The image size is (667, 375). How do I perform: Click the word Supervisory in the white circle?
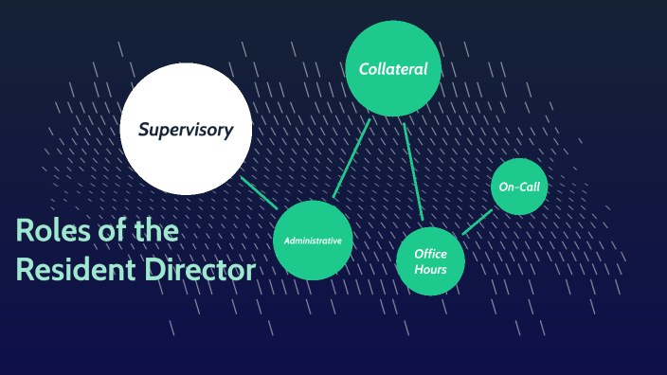pyautogui.click(x=186, y=130)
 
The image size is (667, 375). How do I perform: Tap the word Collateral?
pyautogui.click(x=393, y=69)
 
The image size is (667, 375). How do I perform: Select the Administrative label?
pyautogui.click(x=313, y=241)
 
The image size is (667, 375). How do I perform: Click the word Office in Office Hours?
pyautogui.click(x=430, y=254)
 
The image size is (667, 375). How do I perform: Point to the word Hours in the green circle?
pyautogui.click(x=430, y=270)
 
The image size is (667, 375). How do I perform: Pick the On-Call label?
pyautogui.click(x=519, y=187)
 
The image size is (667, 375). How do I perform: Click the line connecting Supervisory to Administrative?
pyautogui.click(x=259, y=192)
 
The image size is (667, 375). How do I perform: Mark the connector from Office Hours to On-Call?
pyautogui.click(x=478, y=222)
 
